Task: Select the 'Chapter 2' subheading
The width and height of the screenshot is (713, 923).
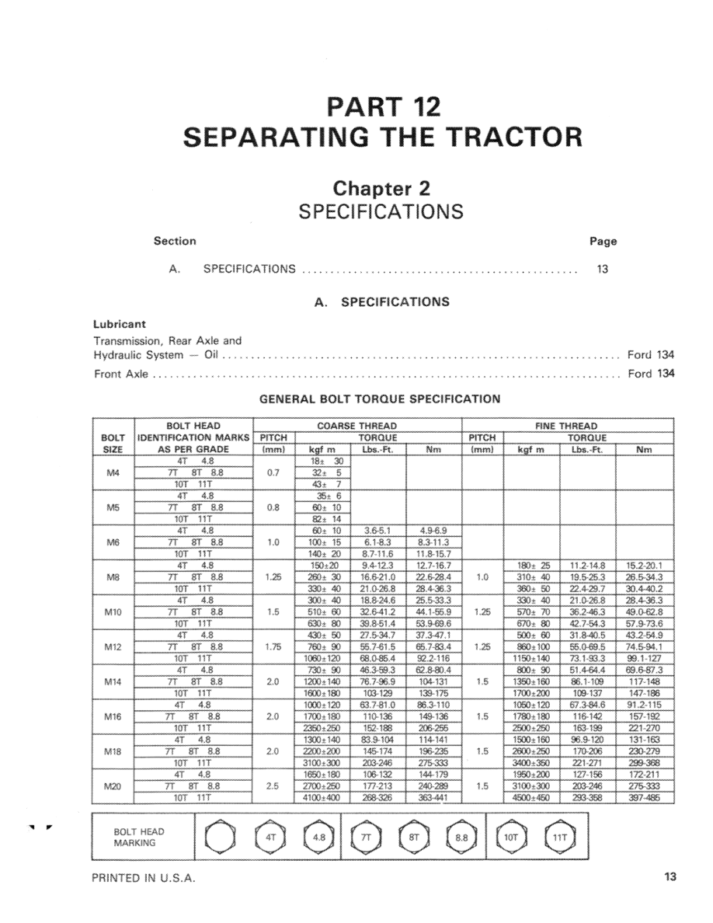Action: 381,188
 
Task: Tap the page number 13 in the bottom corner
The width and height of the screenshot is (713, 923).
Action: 670,878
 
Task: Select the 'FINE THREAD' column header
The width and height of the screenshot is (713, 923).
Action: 566,426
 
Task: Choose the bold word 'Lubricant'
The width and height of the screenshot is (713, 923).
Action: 120,324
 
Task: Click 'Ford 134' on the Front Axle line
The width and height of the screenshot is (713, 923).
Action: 651,374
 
